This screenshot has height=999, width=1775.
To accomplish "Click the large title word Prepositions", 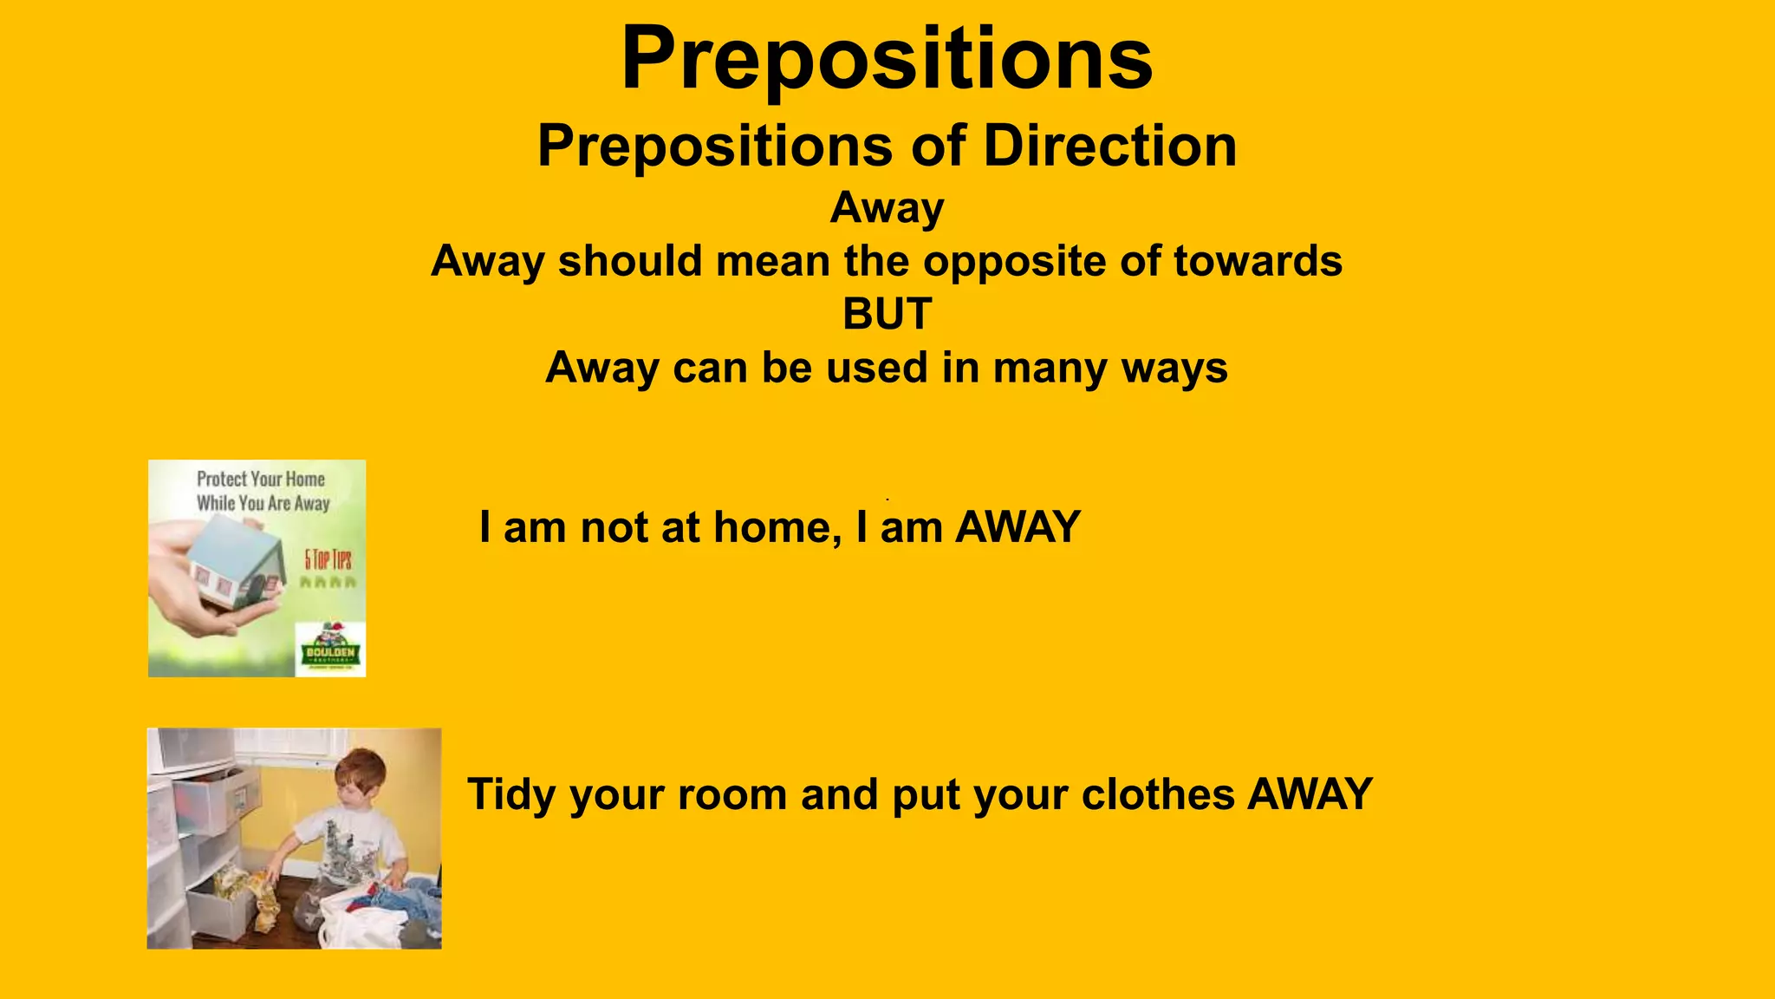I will [x=887, y=59].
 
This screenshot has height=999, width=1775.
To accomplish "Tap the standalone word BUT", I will [x=887, y=314].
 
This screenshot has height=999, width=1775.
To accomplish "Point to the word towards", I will [x=1258, y=261].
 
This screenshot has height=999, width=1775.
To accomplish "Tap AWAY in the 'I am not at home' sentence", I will [x=1018, y=527].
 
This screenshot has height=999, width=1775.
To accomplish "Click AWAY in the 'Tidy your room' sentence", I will [x=1310, y=794].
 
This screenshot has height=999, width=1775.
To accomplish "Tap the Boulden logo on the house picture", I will [x=330, y=650].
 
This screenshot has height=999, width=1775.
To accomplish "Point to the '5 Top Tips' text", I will [x=328, y=559].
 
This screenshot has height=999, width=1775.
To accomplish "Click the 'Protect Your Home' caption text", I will [x=261, y=480].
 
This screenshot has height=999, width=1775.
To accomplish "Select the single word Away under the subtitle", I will [x=887, y=208].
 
